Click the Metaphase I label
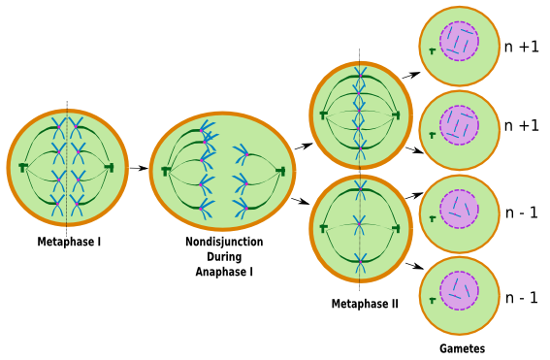click(69, 242)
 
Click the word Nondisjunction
click(223, 242)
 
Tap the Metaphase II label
click(364, 304)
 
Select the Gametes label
click(462, 348)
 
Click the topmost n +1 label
click(521, 46)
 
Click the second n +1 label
click(521, 125)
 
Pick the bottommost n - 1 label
click(522, 297)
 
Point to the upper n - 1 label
click(522, 213)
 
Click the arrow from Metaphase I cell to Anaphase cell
click(138, 168)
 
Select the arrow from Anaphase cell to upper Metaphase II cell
click(304, 147)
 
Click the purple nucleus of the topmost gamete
click(459, 43)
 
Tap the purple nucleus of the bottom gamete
click(459, 291)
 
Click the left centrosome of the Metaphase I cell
click(22, 168)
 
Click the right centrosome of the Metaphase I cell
click(111, 168)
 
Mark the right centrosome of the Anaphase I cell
click(281, 171)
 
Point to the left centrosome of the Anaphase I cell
click(166, 171)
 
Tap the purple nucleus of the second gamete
click(459, 125)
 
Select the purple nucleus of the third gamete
click(459, 209)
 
